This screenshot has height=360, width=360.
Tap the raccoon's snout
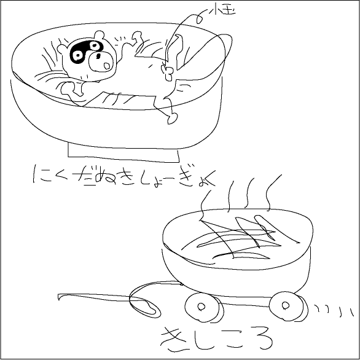[101, 60]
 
